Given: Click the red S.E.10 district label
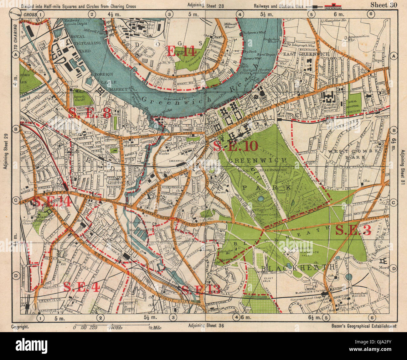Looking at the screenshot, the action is [235, 146].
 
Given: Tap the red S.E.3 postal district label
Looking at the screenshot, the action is [353, 231].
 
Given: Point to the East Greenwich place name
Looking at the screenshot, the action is [307, 54].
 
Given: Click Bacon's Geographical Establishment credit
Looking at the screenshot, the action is [363, 326].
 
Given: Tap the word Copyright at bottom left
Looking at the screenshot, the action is [20, 326].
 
